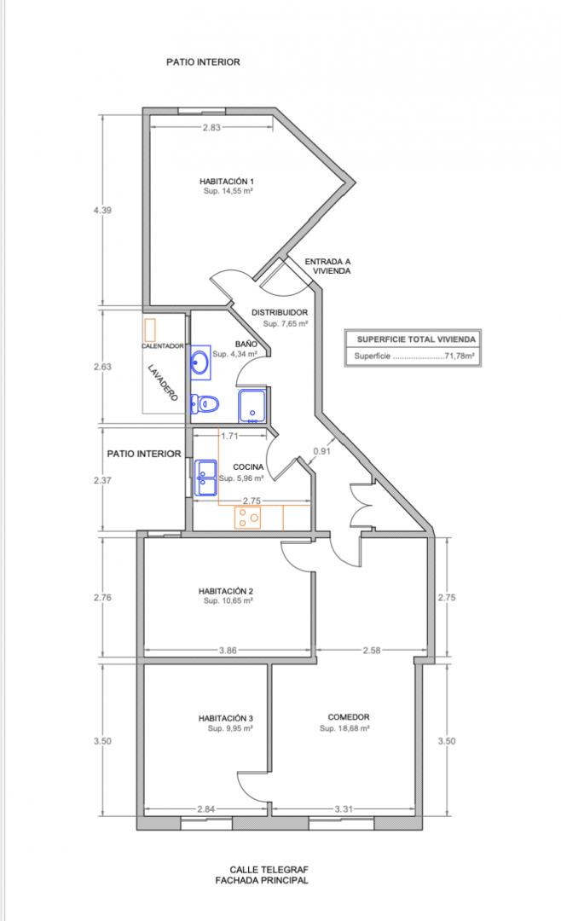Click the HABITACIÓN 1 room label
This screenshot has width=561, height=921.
pos(226,182)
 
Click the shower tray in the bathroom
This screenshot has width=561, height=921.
pos(252,406)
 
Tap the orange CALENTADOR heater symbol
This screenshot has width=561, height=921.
pos(150,330)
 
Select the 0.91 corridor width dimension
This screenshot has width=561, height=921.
pos(321,451)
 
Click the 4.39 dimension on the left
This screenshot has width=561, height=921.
pos(102,210)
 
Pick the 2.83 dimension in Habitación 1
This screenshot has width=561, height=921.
pos(211,127)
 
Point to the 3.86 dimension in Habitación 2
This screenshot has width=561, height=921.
pos(228,650)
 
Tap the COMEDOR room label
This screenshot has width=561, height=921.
pos(349,717)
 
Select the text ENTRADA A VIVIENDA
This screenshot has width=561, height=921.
pos(327,266)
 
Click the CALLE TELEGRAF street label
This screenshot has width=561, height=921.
pos(269,869)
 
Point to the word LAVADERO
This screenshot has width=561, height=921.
pos(163,384)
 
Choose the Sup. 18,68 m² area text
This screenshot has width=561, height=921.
pos(344,728)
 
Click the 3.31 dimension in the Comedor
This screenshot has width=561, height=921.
pos(344,808)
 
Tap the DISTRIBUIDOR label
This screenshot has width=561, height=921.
pos(280,312)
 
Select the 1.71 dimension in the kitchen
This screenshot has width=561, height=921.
pos(229,436)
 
